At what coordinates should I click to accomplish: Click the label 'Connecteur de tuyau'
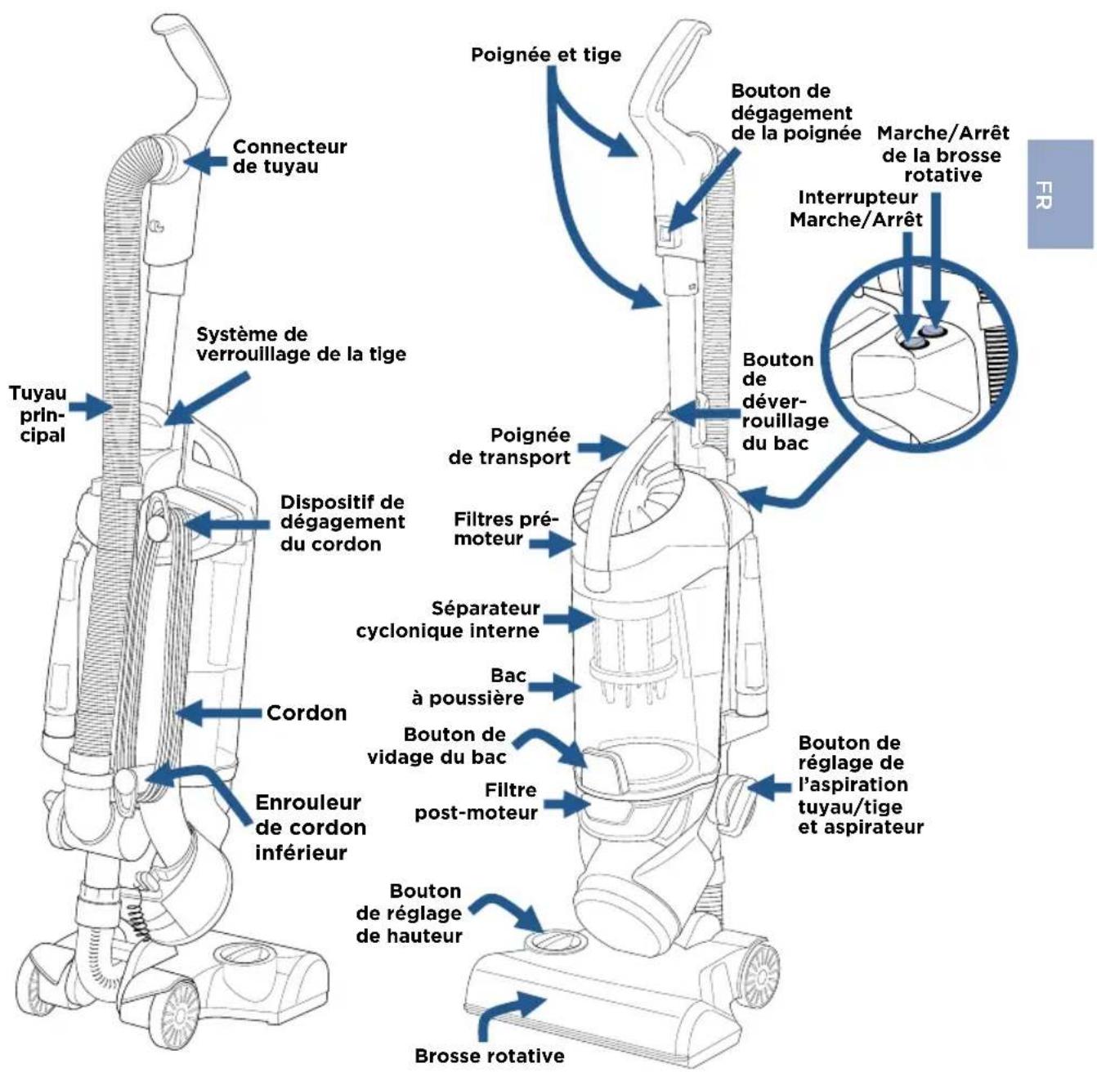point(289,157)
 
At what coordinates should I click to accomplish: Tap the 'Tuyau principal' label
point(38,413)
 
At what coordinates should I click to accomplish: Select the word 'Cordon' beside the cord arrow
point(307,713)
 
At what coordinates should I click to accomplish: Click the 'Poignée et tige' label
point(546,55)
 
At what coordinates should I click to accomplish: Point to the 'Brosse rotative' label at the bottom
point(490,1056)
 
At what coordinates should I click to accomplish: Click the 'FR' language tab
point(1059,194)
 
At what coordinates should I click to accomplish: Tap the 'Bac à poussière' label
point(469,686)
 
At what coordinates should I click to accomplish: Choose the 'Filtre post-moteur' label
point(477,802)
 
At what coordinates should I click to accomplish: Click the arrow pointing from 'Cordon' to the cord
point(221,713)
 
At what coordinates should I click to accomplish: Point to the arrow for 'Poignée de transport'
point(602,449)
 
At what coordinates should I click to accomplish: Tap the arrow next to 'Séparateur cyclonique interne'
point(570,619)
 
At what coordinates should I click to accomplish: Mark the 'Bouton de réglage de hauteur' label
point(410,913)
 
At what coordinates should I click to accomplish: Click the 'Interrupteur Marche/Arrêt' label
point(856,208)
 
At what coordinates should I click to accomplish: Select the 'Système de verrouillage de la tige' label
point(301,344)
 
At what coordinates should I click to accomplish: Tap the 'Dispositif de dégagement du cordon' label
point(343,522)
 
